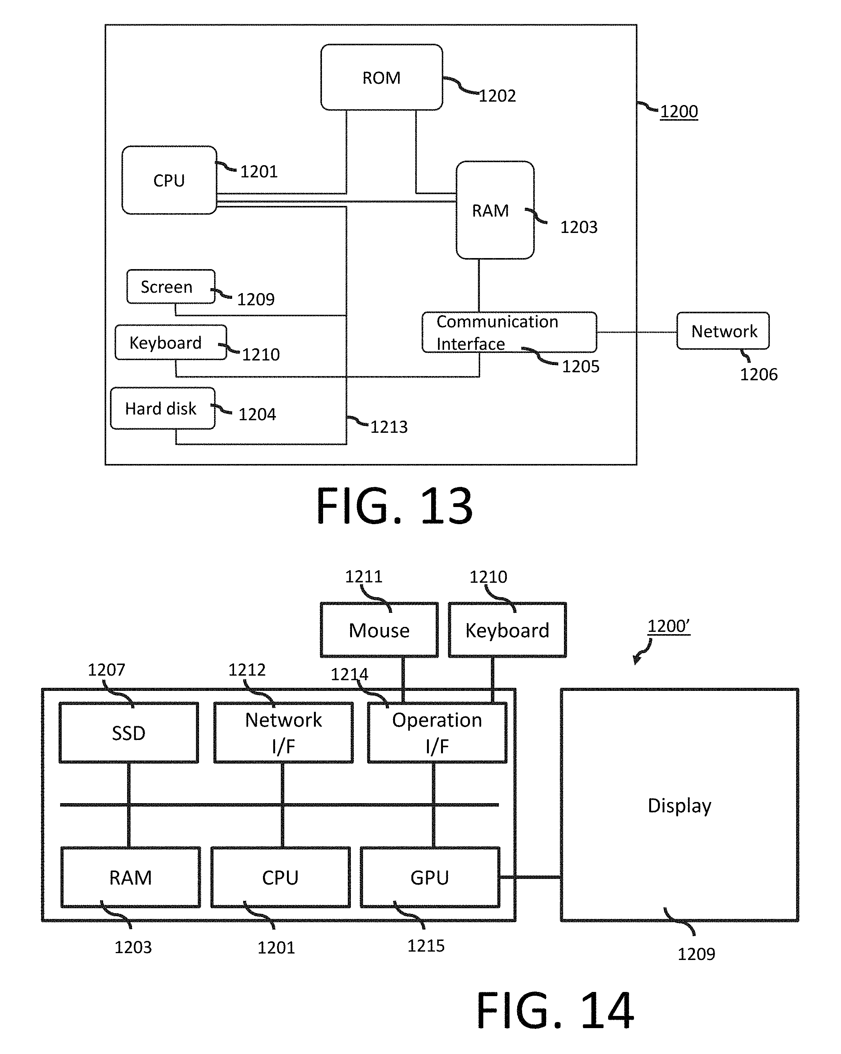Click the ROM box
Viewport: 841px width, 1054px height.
(382, 77)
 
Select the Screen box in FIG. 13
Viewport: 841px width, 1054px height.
(170, 287)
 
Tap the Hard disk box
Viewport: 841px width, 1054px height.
(162, 408)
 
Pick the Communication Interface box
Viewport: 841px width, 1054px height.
(509, 332)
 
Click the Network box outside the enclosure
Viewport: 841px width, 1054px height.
(723, 331)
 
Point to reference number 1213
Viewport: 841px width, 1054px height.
(389, 427)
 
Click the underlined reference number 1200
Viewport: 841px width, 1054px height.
(679, 112)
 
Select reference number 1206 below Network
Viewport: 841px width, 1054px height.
(758, 375)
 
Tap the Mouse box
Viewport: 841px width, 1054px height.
(379, 630)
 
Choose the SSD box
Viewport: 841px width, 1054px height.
(129, 733)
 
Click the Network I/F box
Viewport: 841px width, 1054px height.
(284, 733)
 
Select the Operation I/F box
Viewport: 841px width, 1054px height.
(437, 733)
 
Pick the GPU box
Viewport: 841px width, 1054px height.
(430, 877)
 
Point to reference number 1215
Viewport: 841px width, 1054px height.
(425, 946)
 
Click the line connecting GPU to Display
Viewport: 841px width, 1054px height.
(530, 877)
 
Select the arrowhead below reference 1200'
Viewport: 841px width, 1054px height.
(636, 660)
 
